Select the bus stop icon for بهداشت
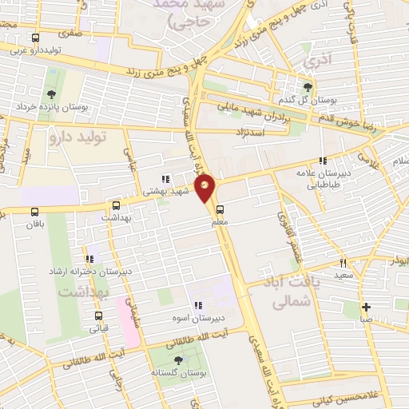pos(116,205)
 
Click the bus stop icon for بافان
pos(34,212)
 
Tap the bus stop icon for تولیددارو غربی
pos(35,38)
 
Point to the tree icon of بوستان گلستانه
pos(177,360)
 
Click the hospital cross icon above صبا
pos(365,307)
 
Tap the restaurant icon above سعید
pos(343,263)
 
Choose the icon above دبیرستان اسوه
pos(197,305)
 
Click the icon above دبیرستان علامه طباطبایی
pos(323,160)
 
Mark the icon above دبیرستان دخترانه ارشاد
pos(89,259)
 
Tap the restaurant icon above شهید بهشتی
pos(165,179)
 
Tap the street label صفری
pos(73,34)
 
